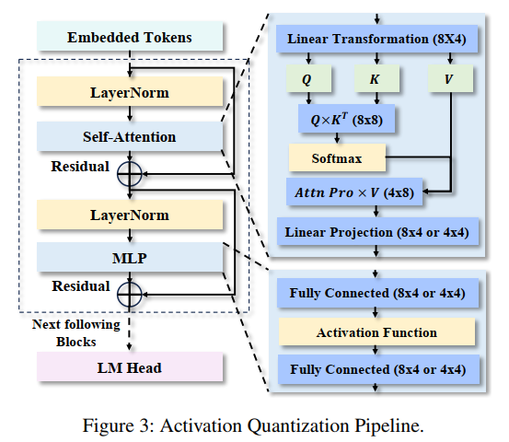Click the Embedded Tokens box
(x=130, y=38)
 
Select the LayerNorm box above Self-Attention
(x=130, y=93)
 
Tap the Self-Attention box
(x=130, y=136)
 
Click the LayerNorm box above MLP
(x=130, y=215)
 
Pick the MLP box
(x=130, y=258)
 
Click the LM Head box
(x=130, y=367)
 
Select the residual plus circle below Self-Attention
(x=130, y=172)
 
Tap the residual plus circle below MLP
(x=130, y=293)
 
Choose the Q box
(x=307, y=79)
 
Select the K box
(x=374, y=79)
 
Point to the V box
(x=448, y=79)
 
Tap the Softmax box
(x=336, y=158)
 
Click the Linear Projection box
(x=377, y=232)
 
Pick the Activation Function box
(x=377, y=331)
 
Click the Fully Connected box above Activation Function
(x=377, y=294)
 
